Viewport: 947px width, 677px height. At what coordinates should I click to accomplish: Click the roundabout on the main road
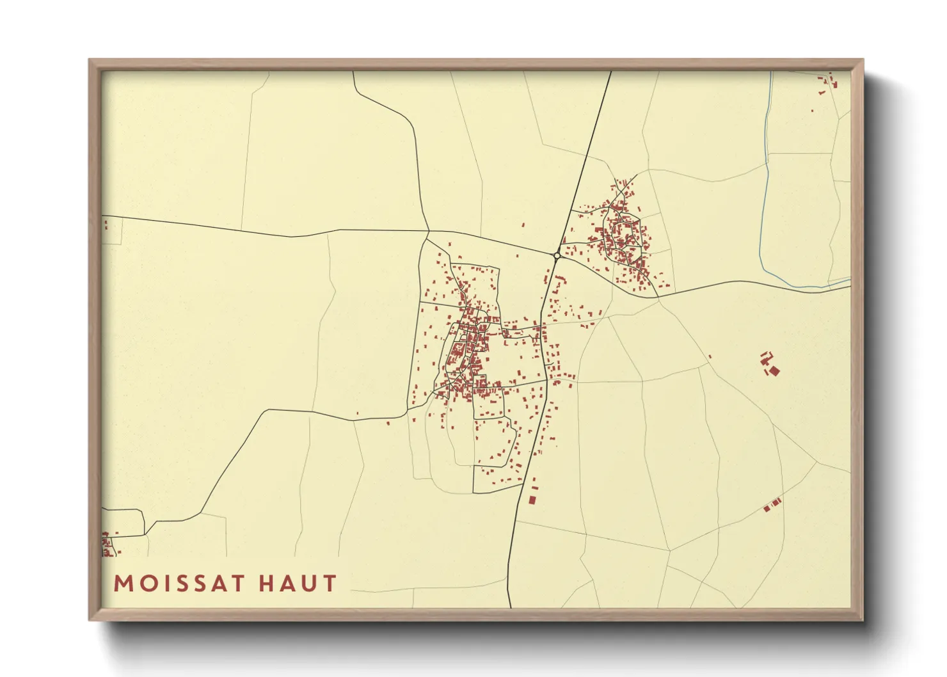coord(557,255)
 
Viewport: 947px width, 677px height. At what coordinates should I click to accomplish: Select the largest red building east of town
coord(774,370)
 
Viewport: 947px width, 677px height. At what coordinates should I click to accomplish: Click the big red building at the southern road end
coord(532,499)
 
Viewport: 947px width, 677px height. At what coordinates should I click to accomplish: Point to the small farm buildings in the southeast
coord(772,505)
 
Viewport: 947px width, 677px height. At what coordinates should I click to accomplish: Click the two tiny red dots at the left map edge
coord(106,224)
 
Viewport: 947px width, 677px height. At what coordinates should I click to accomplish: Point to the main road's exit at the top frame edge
coord(610,72)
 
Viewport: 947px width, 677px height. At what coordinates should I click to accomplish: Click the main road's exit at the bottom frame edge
coord(510,606)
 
